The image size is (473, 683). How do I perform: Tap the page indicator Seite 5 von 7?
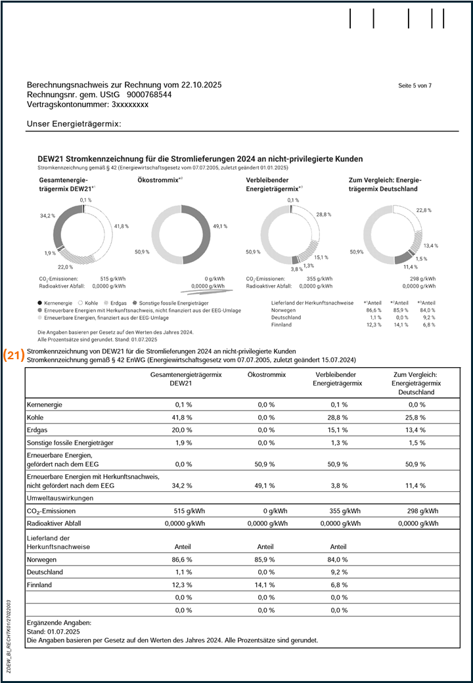(415, 86)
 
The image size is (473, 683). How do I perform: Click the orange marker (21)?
(14, 355)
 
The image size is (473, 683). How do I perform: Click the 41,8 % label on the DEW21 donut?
(121, 226)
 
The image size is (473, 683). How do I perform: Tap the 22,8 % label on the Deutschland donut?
(423, 210)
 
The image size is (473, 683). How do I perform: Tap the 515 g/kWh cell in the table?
(191, 511)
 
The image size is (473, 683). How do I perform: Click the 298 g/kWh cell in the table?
(421, 511)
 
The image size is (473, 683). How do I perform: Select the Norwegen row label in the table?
(42, 560)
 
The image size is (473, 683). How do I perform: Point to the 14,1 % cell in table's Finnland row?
(266, 584)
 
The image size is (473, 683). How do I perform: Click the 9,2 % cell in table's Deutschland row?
(338, 572)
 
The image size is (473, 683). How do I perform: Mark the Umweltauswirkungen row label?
(60, 498)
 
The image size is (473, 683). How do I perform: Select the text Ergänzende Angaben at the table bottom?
(59, 622)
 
